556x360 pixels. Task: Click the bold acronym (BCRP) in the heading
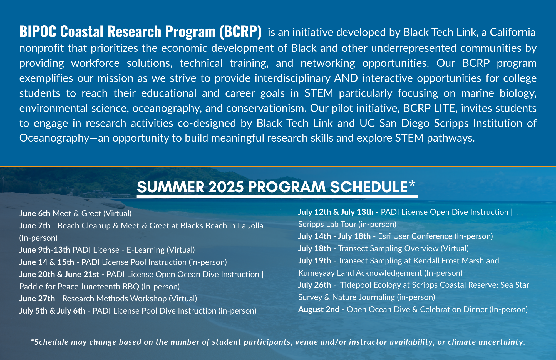pyautogui.click(x=240, y=31)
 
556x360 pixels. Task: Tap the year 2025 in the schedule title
pyautogui.click(x=226, y=187)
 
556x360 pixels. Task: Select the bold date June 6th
pyautogui.click(x=35, y=213)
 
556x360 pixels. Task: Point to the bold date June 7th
pyautogui.click(x=35, y=226)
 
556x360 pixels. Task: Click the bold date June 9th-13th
pyautogui.click(x=45, y=250)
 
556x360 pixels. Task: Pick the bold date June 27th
pyautogui.click(x=37, y=299)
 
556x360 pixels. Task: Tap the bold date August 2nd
pyautogui.click(x=319, y=309)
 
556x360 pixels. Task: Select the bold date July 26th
pyautogui.click(x=315, y=285)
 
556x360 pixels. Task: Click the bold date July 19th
pyautogui.click(x=315, y=261)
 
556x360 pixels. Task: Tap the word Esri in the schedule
pyautogui.click(x=384, y=236)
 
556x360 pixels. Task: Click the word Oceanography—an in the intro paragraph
pyautogui.click(x=64, y=138)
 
